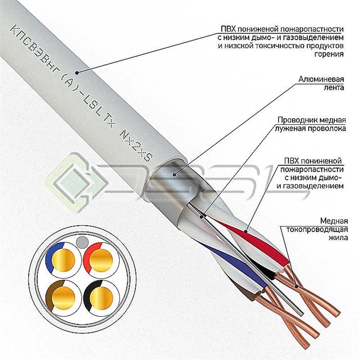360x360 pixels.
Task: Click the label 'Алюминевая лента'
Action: pos(321,83)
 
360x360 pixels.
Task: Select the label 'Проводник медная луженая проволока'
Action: pos(310,124)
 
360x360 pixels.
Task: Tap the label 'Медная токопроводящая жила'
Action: pos(317,229)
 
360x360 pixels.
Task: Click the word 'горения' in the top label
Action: pos(329,54)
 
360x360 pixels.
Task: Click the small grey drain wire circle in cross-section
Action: pos(82,242)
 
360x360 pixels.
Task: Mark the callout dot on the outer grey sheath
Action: pos(77,73)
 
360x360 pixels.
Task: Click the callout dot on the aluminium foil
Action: pos(175,175)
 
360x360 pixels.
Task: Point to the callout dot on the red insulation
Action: pos(246,231)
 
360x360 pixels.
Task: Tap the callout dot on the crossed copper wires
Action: pos(296,286)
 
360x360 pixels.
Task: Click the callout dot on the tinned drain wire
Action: pos(202,217)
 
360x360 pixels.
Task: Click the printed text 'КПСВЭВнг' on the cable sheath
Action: pos(35,49)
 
